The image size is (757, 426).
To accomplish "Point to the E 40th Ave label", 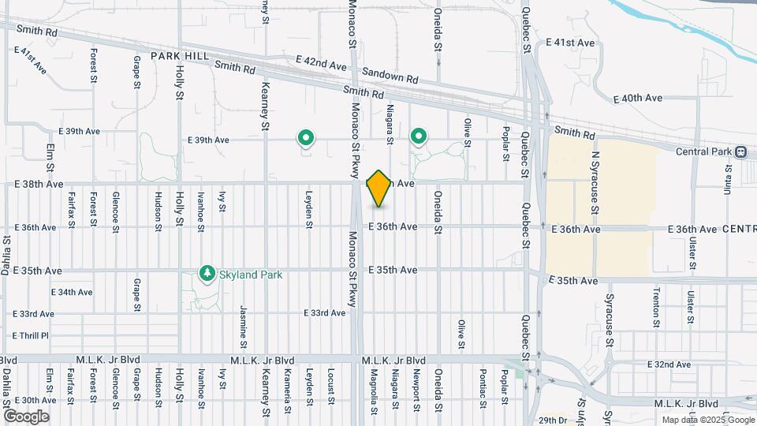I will [638, 98].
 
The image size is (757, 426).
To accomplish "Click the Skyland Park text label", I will [251, 275].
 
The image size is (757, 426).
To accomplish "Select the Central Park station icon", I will [741, 151].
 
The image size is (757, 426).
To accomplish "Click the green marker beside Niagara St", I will [418, 138].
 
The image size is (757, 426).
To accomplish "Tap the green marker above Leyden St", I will [305, 139].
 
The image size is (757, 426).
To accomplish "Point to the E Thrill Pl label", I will [31, 335].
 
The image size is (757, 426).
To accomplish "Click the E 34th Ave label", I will [72, 292].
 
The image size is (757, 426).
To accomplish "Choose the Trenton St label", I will [656, 306].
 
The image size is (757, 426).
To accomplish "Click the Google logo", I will [26, 416].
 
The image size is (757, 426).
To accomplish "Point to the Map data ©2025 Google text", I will [707, 420].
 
